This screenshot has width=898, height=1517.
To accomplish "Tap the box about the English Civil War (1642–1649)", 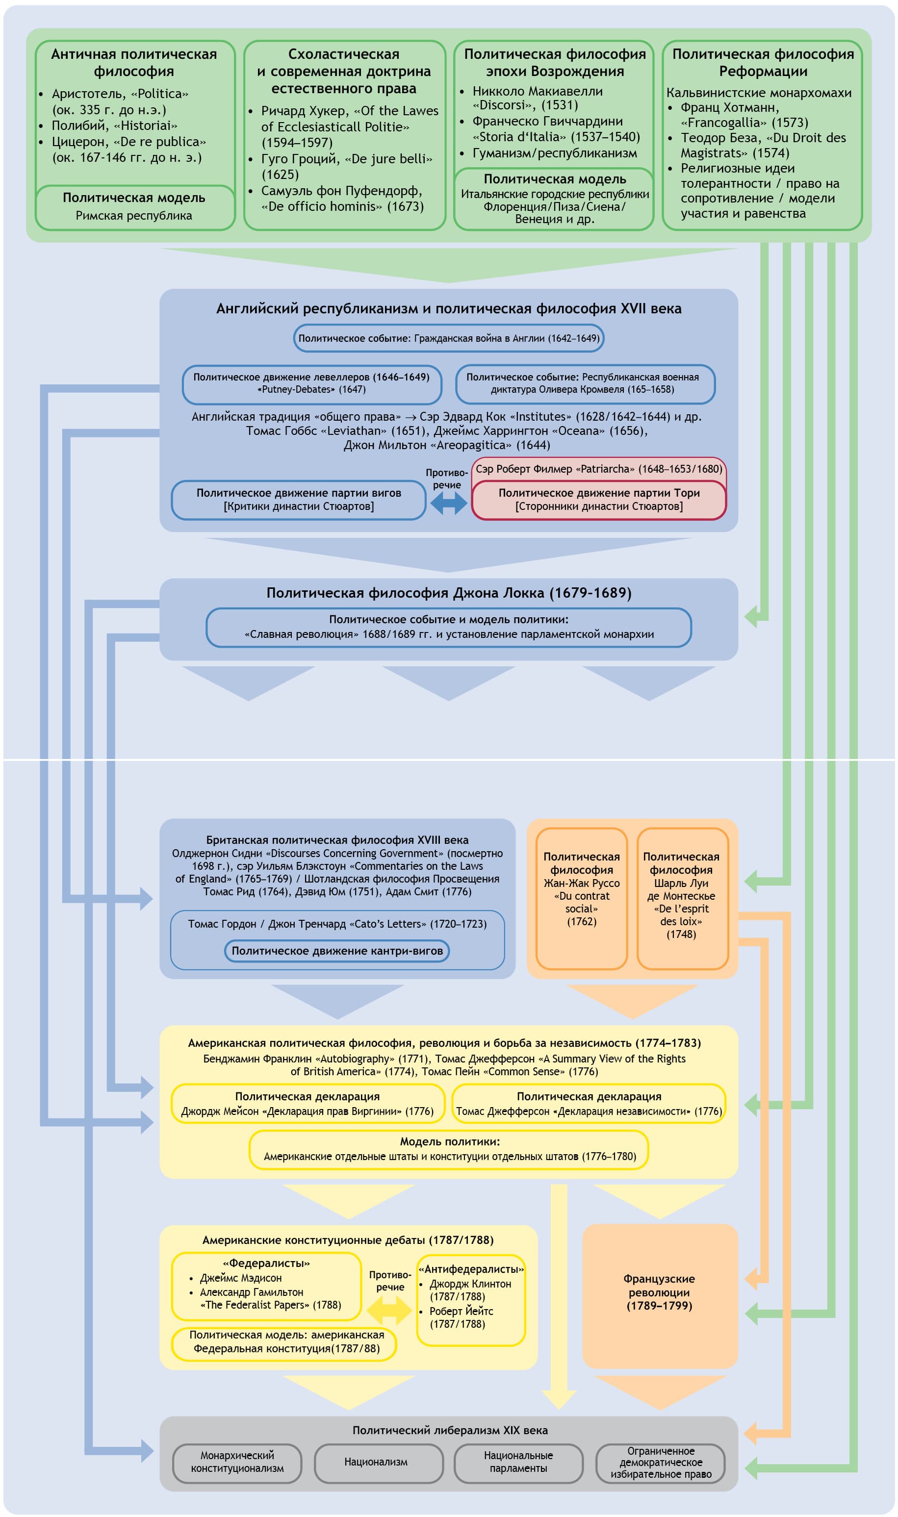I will point(448,338).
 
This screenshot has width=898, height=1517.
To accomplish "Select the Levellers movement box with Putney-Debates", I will point(311,383).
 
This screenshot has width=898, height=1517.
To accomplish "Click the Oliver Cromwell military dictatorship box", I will point(585,383).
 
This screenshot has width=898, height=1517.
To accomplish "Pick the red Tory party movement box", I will point(598,500).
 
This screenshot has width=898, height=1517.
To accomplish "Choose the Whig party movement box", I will point(298,500).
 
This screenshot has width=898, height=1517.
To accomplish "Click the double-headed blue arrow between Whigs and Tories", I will point(448,503).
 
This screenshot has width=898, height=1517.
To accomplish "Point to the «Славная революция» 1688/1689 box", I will point(448,627).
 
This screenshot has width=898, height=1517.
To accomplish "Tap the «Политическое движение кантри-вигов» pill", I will point(337,951).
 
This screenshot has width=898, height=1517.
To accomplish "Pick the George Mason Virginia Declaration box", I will point(308,1104).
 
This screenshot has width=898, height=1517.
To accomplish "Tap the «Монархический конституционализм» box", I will point(237,1463).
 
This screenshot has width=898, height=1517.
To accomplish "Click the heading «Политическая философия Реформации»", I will point(763,63).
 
